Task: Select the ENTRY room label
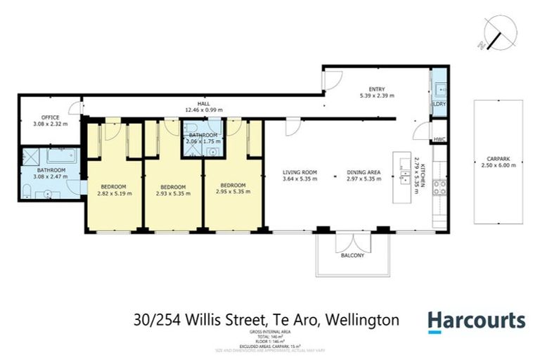(377, 88)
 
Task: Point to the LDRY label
(439, 104)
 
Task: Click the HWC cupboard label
(439, 139)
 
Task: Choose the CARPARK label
(498, 159)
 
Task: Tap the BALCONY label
(353, 255)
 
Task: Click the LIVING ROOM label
(300, 172)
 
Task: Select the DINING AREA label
(364, 172)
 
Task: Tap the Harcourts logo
(477, 321)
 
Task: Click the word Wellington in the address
(364, 321)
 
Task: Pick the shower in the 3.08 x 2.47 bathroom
(31, 155)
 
